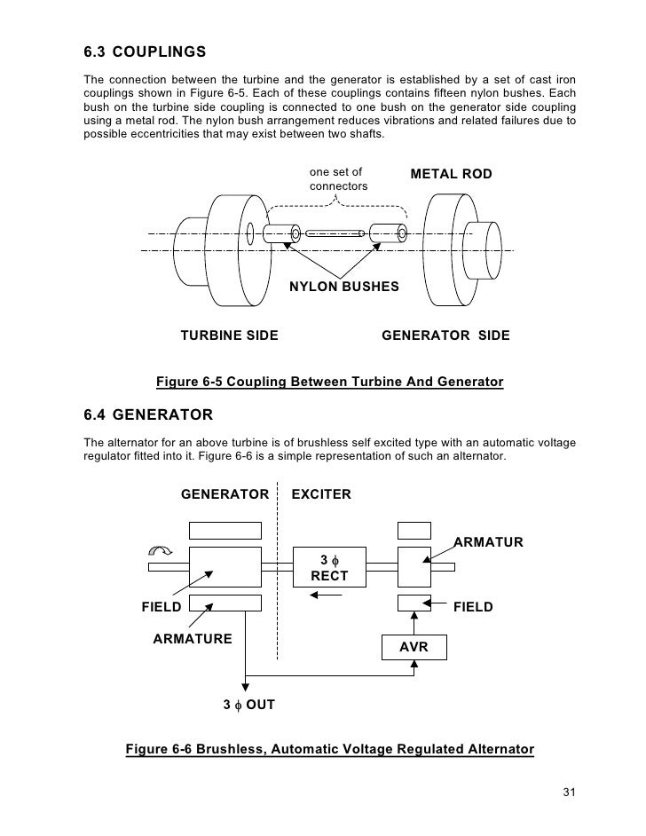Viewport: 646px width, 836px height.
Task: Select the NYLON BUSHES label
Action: pyautogui.click(x=344, y=288)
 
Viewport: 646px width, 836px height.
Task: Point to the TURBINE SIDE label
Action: pyautogui.click(x=230, y=335)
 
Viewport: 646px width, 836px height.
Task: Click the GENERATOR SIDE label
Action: pyautogui.click(x=445, y=335)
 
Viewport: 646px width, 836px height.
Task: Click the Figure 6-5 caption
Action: pyautogui.click(x=329, y=383)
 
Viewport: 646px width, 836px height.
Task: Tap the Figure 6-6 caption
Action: pyautogui.click(x=330, y=749)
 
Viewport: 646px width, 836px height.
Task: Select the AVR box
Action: pyautogui.click(x=414, y=648)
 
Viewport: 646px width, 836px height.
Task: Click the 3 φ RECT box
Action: pyautogui.click(x=328, y=567)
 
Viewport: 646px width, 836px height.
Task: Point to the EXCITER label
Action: pyautogui.click(x=321, y=493)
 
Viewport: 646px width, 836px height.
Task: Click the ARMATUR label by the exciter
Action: pyautogui.click(x=489, y=542)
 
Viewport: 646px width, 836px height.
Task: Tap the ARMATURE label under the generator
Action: pyautogui.click(x=193, y=638)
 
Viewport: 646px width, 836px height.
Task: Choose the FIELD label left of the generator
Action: pyautogui.click(x=162, y=608)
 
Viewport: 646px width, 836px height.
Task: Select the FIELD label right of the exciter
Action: pyautogui.click(x=473, y=608)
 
